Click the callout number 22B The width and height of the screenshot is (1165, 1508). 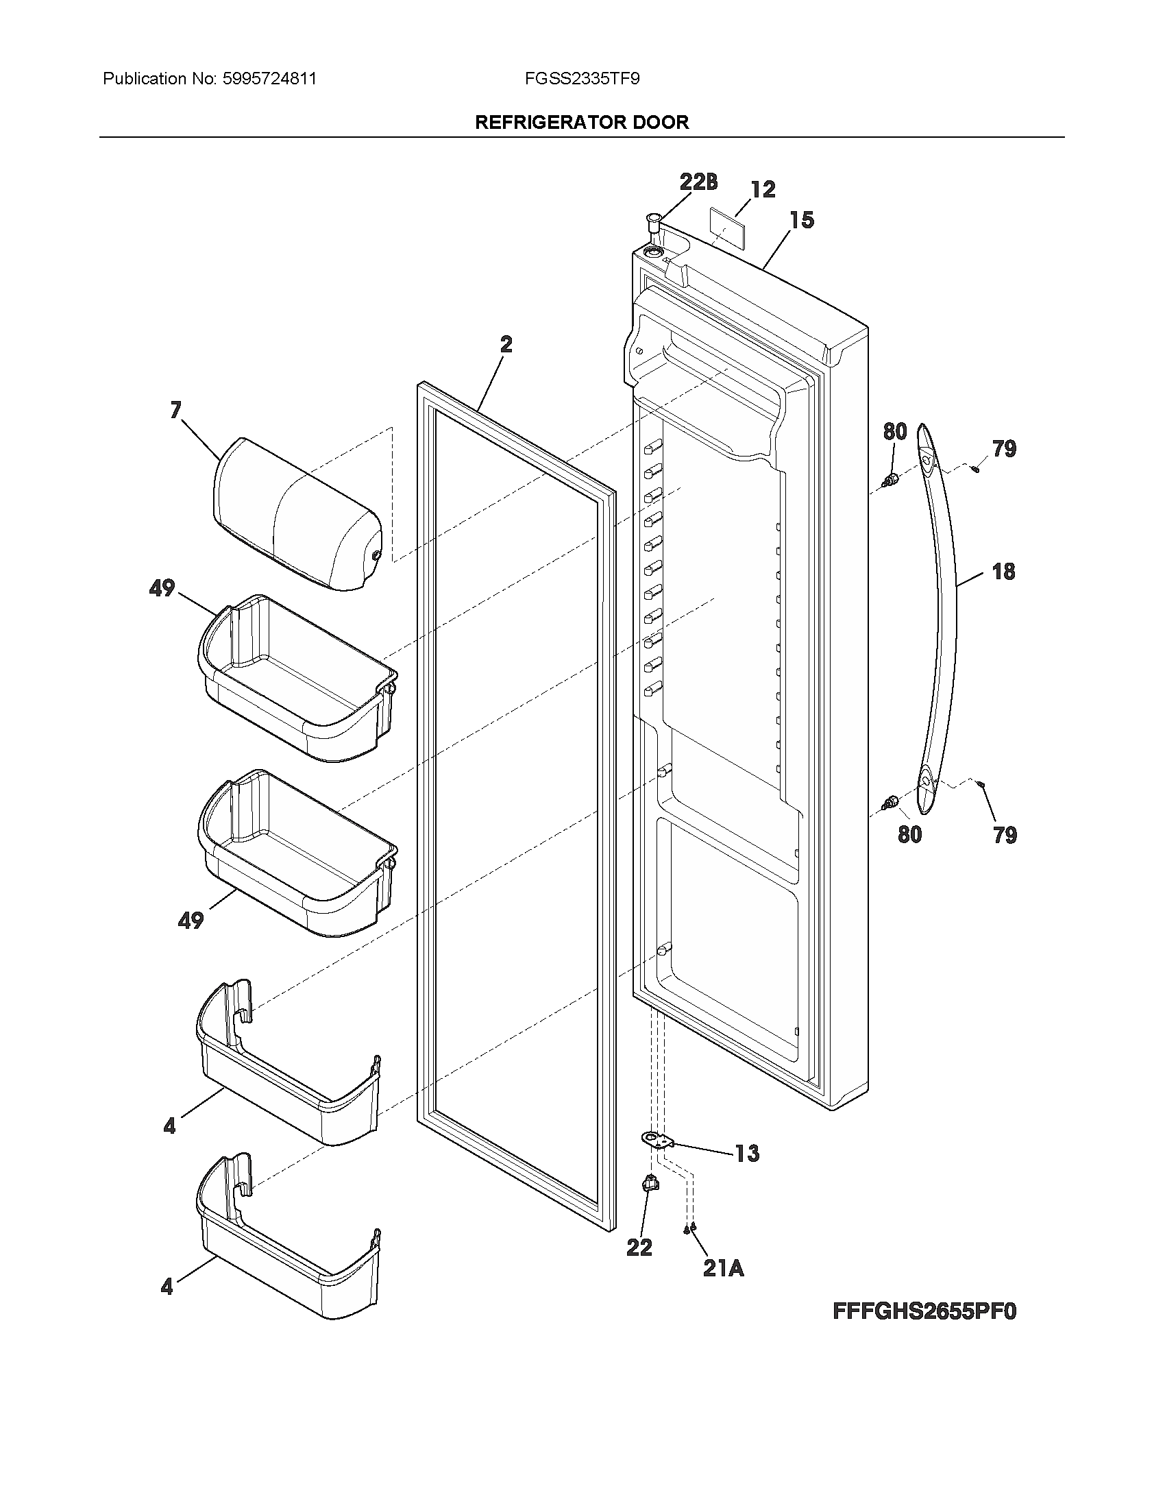click(698, 182)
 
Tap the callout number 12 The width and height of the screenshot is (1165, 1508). click(763, 189)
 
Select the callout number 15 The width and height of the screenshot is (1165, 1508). click(802, 220)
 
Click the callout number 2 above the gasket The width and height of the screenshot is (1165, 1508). click(506, 345)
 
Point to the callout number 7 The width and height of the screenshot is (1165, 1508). click(175, 410)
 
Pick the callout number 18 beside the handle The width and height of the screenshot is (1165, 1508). click(1003, 572)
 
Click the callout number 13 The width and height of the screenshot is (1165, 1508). click(747, 1154)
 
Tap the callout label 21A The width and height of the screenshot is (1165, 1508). click(723, 1267)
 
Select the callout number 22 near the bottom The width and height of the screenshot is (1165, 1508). click(639, 1247)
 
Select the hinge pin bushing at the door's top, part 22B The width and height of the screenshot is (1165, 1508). click(652, 225)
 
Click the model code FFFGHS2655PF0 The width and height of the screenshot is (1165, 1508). click(924, 1330)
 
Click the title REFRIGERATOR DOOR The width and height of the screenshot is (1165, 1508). click(582, 123)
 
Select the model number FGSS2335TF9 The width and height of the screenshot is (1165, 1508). click(582, 79)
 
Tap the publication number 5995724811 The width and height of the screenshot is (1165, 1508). click(270, 79)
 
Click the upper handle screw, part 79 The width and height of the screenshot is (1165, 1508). click(975, 469)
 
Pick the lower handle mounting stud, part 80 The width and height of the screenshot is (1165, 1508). click(891, 802)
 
